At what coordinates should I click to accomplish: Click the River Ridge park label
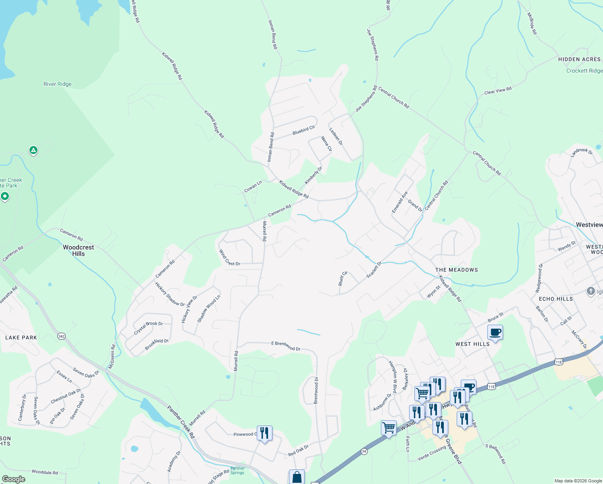click(x=58, y=84)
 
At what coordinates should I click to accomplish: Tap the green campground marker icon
click(x=33, y=150)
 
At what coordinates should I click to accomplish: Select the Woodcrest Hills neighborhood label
click(x=78, y=250)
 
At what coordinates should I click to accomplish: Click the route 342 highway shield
click(x=61, y=336)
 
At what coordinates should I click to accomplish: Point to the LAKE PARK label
click(x=21, y=338)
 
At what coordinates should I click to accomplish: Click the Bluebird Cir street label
click(x=304, y=130)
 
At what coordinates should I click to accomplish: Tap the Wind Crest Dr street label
click(x=229, y=258)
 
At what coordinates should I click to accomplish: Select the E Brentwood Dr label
click(x=286, y=346)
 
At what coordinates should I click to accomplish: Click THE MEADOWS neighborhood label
click(x=456, y=270)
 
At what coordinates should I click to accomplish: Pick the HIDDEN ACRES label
click(x=579, y=59)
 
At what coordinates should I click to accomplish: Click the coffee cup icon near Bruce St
click(x=495, y=332)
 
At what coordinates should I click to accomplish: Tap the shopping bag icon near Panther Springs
click(x=297, y=477)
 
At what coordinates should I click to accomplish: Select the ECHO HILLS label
click(x=555, y=299)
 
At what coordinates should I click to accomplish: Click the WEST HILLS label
click(x=472, y=344)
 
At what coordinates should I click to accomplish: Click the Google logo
click(x=13, y=479)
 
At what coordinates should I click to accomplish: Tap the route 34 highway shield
click(x=364, y=451)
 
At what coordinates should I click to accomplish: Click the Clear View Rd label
click(x=498, y=91)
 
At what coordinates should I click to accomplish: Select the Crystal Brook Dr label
click(x=148, y=328)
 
